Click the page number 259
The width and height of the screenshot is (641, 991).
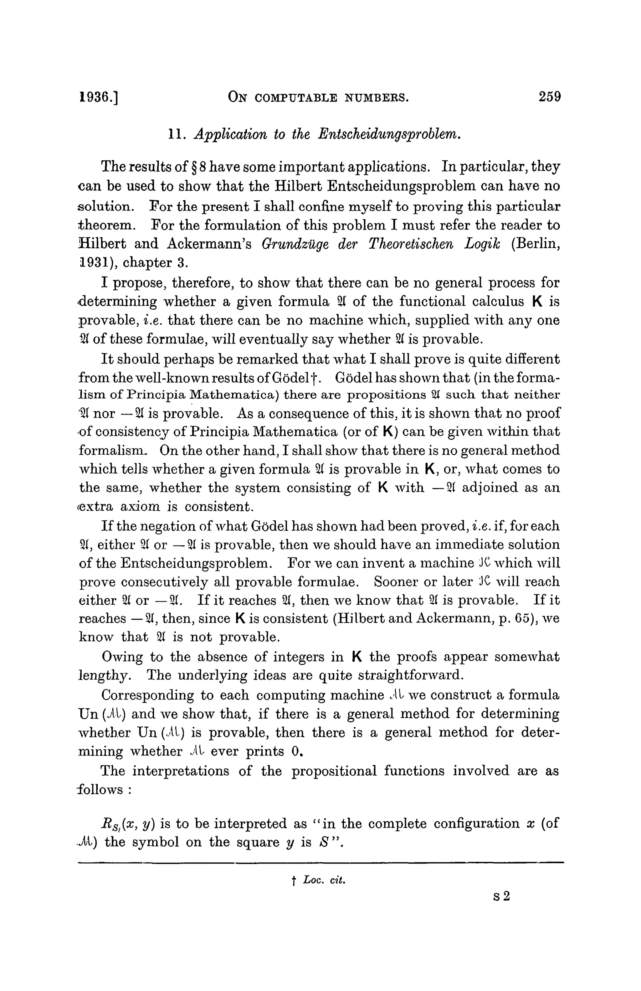549,97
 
